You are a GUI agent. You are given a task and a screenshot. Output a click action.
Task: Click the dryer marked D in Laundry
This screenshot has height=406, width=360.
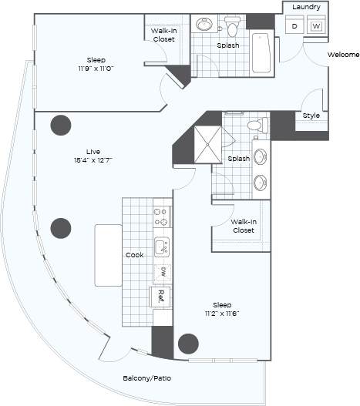pyautogui.click(x=294, y=25)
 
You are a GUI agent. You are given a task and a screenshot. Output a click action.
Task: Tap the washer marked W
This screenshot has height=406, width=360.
pyautogui.click(x=316, y=25)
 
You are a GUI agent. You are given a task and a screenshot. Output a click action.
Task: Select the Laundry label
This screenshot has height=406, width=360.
pyautogui.click(x=306, y=7)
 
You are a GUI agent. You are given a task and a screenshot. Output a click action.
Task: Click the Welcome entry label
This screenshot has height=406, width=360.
pyautogui.click(x=343, y=55)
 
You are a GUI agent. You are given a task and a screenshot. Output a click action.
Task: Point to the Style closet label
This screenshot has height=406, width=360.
pyautogui.click(x=311, y=116)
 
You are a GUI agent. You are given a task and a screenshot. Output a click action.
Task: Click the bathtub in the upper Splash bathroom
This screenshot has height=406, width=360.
pyautogui.click(x=261, y=52)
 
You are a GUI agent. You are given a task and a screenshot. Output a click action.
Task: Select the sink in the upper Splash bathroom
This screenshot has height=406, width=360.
pyautogui.click(x=205, y=25)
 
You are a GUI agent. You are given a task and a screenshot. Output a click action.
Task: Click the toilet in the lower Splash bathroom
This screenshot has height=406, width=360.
pyautogui.click(x=255, y=125)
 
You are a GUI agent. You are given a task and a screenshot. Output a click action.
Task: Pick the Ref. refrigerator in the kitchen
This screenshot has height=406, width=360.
pyautogui.click(x=160, y=296)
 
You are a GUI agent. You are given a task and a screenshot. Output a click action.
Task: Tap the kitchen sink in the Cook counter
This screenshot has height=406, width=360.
pyautogui.click(x=160, y=247)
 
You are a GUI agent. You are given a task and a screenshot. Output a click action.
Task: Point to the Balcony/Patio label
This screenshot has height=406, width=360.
pyautogui.click(x=147, y=378)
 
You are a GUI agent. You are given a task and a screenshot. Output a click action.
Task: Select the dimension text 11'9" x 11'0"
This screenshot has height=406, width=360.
pyautogui.click(x=96, y=69)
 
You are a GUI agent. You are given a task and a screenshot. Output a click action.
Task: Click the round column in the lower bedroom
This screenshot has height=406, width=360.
pyautogui.click(x=187, y=344)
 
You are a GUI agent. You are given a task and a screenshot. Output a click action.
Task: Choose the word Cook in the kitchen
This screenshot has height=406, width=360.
pyautogui.click(x=134, y=254)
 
